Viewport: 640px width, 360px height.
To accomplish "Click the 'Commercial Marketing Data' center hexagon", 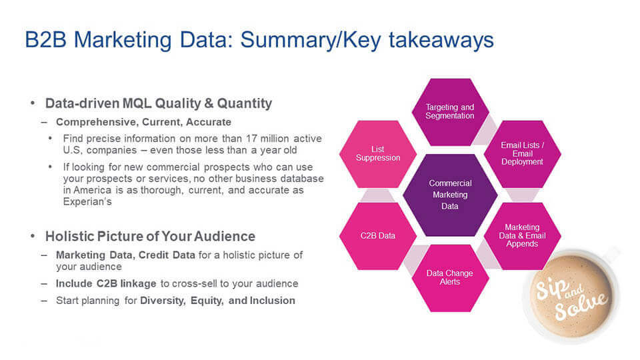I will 450,195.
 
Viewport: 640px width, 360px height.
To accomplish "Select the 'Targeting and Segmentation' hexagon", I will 450,111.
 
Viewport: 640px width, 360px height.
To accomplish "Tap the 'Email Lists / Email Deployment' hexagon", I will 522,153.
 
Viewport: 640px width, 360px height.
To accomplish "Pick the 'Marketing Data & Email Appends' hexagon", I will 522,235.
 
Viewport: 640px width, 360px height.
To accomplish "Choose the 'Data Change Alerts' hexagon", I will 450,277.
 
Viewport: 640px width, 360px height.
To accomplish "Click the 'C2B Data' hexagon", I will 378,235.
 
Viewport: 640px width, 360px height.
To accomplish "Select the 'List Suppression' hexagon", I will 378,153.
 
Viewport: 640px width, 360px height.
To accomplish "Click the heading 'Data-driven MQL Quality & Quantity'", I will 159,103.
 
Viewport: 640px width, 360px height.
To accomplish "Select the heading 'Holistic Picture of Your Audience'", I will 150,236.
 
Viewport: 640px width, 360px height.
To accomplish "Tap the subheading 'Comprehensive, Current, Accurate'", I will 143,122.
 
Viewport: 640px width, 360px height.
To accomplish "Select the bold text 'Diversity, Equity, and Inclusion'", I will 217,300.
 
